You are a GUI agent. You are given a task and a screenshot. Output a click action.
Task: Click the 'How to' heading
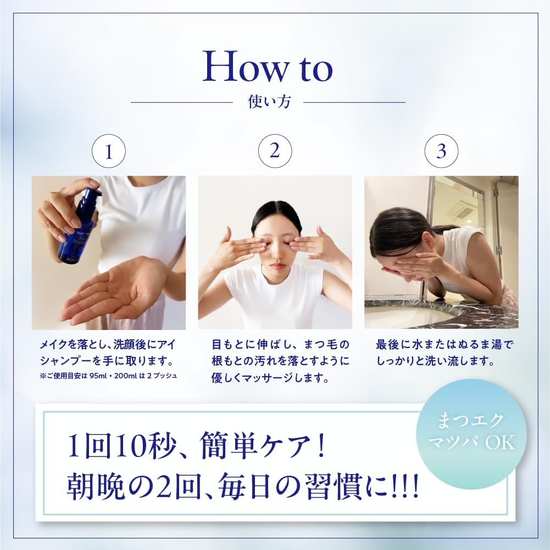[x=268, y=67]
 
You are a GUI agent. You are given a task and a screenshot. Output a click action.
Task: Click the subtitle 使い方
[x=269, y=102]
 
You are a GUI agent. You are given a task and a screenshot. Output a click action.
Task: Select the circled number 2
[x=275, y=152]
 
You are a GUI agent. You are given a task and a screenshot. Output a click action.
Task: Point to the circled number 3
[x=441, y=152]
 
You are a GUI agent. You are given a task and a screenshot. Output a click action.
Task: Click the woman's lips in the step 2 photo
[x=279, y=266]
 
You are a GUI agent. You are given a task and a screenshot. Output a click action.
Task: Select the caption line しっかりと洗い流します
[x=437, y=362]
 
